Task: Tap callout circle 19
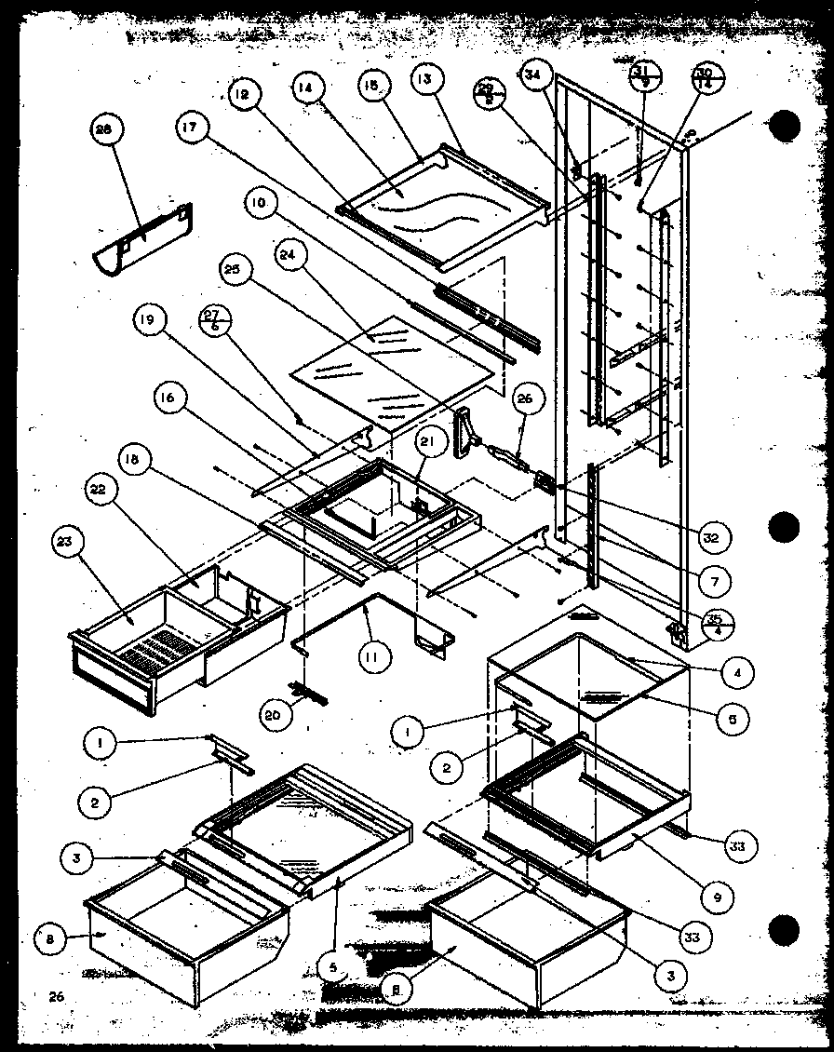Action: (154, 321)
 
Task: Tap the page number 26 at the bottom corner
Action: (56, 996)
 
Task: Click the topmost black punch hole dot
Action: (785, 125)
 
